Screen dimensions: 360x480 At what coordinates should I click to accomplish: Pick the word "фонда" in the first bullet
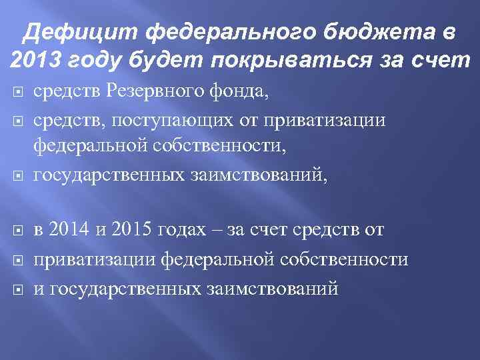click(x=242, y=93)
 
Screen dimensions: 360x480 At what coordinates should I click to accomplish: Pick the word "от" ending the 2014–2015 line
click(x=374, y=231)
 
